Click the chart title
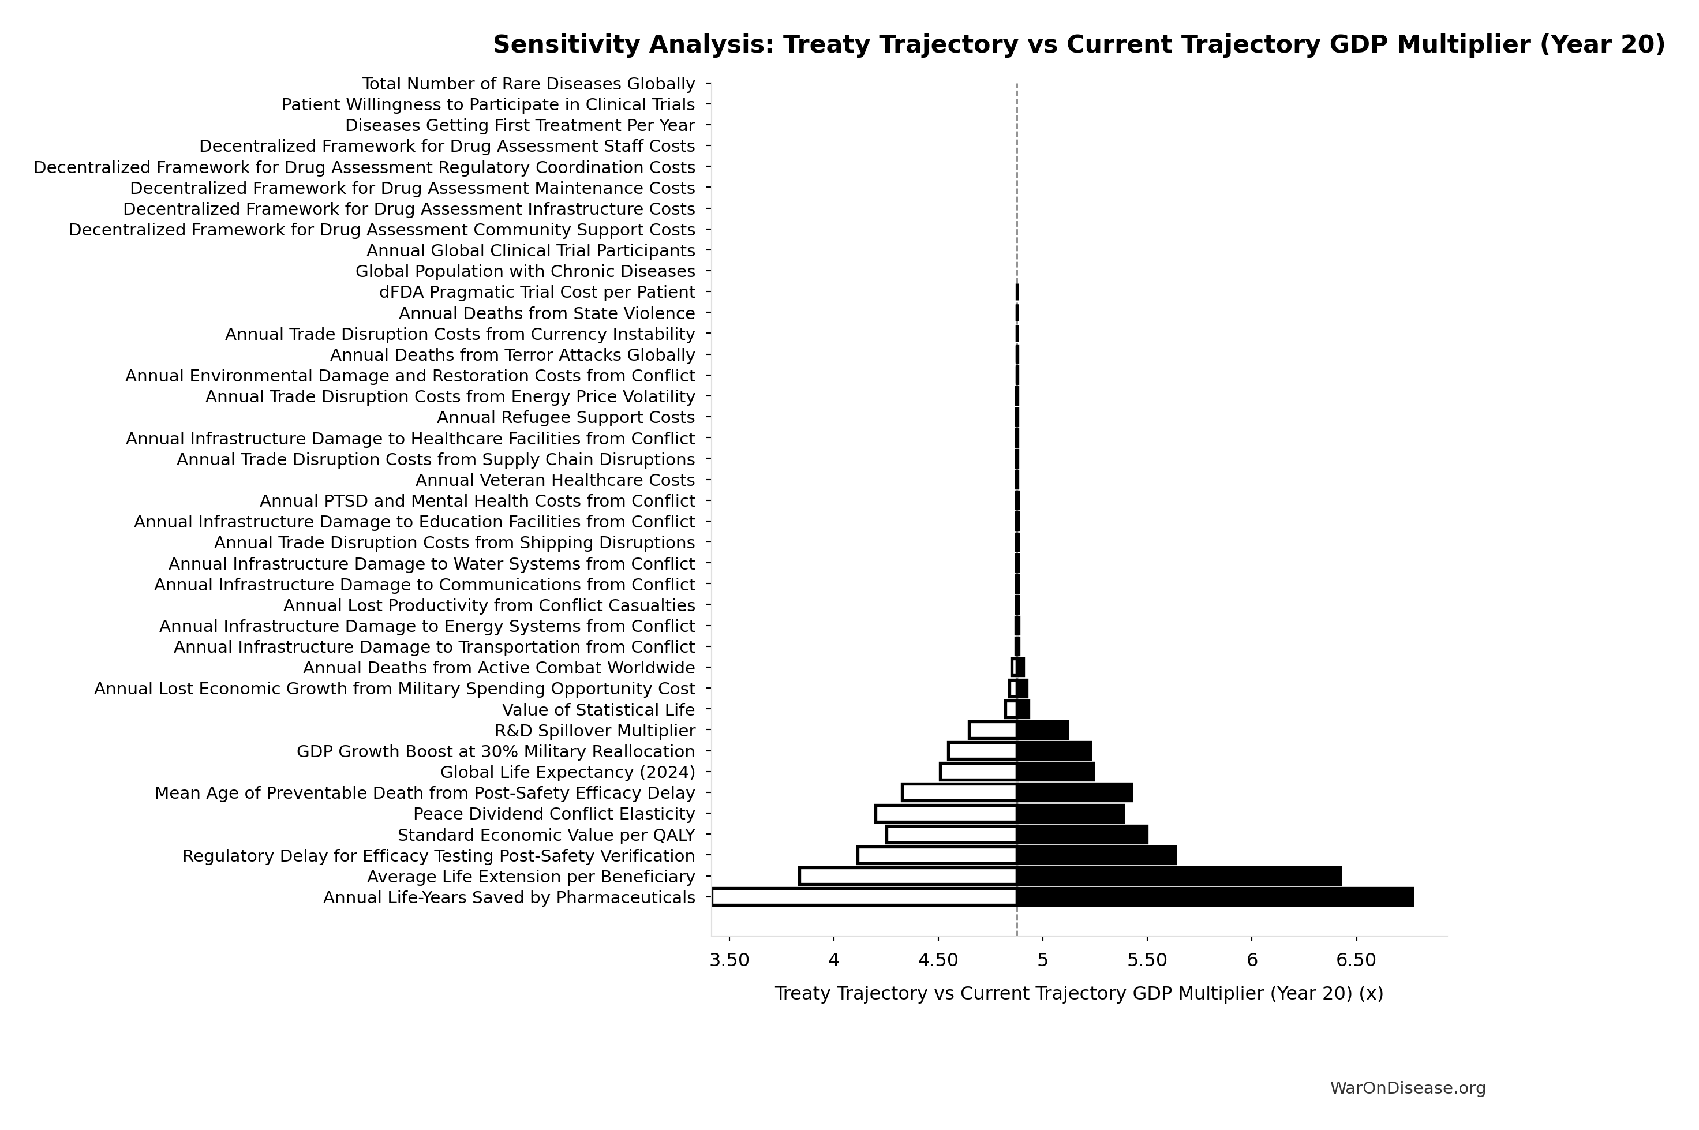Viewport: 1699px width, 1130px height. (x=1079, y=44)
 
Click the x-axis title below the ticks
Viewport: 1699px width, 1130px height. (x=1079, y=993)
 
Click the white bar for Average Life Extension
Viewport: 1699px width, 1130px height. (x=908, y=876)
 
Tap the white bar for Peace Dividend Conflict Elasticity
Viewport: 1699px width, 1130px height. (x=946, y=814)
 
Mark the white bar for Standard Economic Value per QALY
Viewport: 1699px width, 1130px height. (x=952, y=835)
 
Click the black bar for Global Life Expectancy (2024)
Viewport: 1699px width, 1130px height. (x=1056, y=772)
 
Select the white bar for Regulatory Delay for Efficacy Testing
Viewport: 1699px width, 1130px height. (x=937, y=855)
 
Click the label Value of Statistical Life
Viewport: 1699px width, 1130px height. (x=598, y=710)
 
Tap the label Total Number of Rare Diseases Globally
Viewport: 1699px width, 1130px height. (x=528, y=84)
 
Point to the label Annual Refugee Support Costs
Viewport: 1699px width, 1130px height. (x=566, y=418)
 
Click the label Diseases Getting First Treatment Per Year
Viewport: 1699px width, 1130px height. (x=519, y=125)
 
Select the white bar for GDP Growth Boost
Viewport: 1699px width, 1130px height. (x=983, y=751)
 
